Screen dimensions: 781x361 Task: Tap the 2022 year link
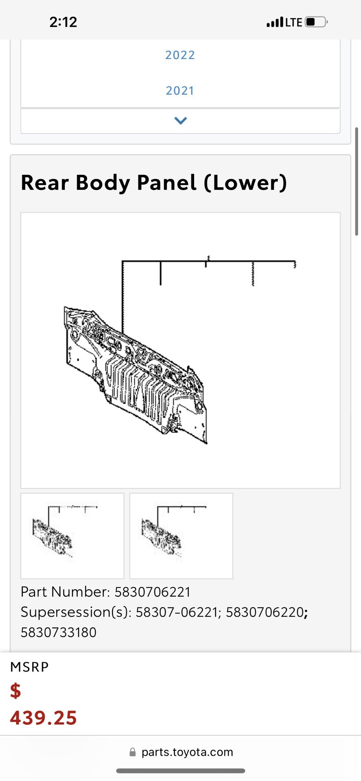[x=180, y=55]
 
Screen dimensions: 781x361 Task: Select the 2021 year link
[x=180, y=90]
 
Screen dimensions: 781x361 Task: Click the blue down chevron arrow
[x=180, y=120]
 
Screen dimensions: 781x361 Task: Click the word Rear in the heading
[x=44, y=183]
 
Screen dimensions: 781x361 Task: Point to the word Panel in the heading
[x=166, y=183]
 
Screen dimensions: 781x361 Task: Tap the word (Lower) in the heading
[x=245, y=183]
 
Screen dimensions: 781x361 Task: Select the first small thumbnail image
[x=72, y=536]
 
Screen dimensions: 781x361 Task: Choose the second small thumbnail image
[x=181, y=536]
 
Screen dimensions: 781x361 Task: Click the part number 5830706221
[x=153, y=592]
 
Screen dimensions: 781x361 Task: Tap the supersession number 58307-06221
[x=177, y=612]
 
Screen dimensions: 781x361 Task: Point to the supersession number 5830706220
[x=265, y=612]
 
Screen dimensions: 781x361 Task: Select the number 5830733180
[x=59, y=633]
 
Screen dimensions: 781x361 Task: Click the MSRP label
[x=29, y=667]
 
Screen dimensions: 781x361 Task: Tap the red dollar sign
[x=15, y=691]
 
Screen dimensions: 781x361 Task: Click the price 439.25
[x=44, y=718]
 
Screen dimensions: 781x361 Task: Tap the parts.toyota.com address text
[x=187, y=752]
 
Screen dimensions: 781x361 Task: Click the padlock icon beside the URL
[x=132, y=752]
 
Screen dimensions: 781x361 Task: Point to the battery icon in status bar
[x=316, y=22]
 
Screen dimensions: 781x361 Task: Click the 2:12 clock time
[x=63, y=22]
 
